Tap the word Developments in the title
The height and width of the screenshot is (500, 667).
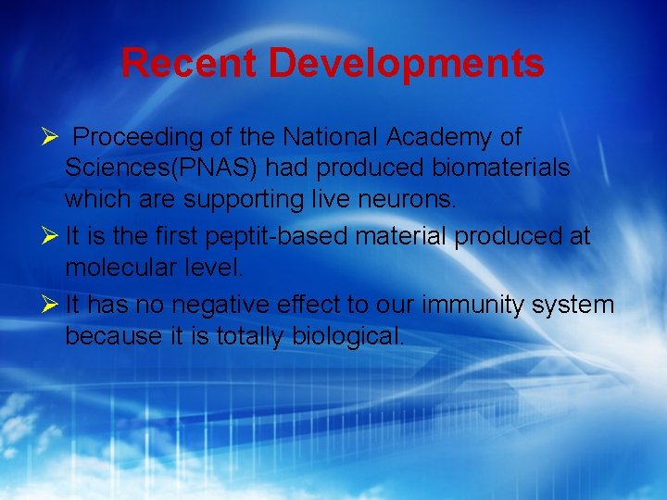coord(407,64)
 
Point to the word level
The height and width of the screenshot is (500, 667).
coord(214,269)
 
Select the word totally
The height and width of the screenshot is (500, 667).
coord(252,335)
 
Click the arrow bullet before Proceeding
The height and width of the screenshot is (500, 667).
coord(51,138)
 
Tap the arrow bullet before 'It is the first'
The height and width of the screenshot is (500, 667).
coord(51,237)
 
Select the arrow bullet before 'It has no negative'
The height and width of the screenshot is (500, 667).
coord(51,305)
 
